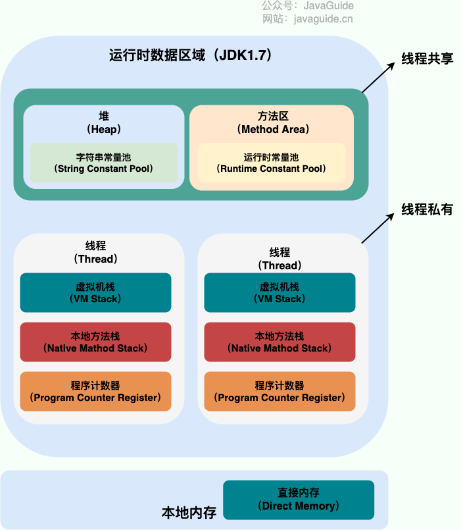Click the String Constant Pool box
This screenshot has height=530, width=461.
point(104,163)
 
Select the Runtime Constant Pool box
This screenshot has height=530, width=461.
point(271,163)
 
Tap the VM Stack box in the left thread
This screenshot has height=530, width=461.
point(95,292)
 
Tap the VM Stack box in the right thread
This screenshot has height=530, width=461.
point(279,292)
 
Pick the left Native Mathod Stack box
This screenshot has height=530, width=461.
point(95,342)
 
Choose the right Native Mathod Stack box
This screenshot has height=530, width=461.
point(279,342)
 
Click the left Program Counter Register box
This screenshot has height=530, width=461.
point(95,391)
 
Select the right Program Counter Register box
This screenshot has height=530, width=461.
point(279,391)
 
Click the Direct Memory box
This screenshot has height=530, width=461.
point(299,500)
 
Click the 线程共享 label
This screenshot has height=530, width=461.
point(427,58)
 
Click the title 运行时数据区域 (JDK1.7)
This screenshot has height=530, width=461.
point(191,55)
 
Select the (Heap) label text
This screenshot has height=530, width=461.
point(104,129)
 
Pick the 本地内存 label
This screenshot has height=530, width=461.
point(189,512)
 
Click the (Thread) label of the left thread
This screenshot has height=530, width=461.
point(96,259)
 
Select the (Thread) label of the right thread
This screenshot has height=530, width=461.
point(279,265)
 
